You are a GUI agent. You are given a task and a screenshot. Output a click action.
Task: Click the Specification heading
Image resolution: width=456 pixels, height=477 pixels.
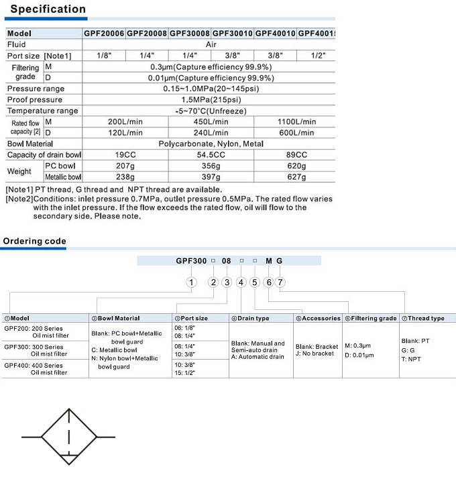pyautogui.click(x=48, y=9)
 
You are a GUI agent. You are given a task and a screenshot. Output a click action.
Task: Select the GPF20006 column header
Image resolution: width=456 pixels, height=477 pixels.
pyautogui.click(x=104, y=33)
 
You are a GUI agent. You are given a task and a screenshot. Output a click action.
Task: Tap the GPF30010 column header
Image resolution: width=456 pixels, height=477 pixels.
pyautogui.click(x=233, y=33)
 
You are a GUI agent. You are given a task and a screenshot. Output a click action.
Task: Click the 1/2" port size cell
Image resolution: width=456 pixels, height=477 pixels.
pyautogui.click(x=318, y=56)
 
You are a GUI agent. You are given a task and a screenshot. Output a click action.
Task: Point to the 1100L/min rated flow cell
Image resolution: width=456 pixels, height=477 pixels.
pyautogui.click(x=296, y=122)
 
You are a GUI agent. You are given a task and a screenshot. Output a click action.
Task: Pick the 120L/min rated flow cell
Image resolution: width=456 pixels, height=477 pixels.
pyautogui.click(x=125, y=133)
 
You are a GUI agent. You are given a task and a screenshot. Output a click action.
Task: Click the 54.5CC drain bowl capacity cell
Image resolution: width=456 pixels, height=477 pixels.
pyautogui.click(x=211, y=155)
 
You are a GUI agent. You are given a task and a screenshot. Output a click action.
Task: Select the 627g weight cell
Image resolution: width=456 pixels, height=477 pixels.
pyautogui.click(x=296, y=177)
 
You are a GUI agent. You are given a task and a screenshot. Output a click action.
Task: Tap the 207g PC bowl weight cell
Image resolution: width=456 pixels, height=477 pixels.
pyautogui.click(x=125, y=166)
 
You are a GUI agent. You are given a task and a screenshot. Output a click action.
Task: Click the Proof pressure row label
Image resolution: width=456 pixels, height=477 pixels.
pyautogui.click(x=35, y=100)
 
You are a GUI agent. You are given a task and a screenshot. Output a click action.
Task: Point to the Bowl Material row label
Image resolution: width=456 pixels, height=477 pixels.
pyautogui.click(x=30, y=144)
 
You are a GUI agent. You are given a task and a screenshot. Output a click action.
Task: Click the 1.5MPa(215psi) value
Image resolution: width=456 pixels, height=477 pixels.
pyautogui.click(x=211, y=100)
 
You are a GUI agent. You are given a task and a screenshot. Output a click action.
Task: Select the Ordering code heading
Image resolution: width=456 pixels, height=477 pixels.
pyautogui.click(x=35, y=242)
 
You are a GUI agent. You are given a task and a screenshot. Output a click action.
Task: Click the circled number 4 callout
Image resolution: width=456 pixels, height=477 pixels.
pyautogui.click(x=241, y=282)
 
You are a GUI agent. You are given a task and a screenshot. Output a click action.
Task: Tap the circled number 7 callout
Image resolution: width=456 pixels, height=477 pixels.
pyautogui.click(x=280, y=282)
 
